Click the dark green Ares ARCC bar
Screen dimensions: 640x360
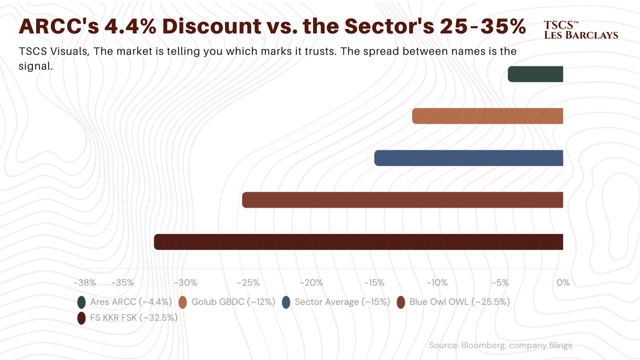[x=535, y=74]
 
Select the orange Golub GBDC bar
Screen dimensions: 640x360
[x=488, y=116]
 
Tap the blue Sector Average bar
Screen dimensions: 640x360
[x=468, y=158]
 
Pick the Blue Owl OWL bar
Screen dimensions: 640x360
[x=403, y=200]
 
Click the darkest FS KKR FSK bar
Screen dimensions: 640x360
[x=358, y=242]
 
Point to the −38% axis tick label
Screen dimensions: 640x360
[x=85, y=282]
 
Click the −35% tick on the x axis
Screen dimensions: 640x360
[x=123, y=282]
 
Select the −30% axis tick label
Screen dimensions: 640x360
[x=186, y=282]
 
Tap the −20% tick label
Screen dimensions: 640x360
[x=311, y=282]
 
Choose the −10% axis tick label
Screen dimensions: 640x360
[x=437, y=282]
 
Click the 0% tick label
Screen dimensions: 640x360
[x=563, y=282]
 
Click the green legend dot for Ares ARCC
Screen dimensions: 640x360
[x=81, y=302]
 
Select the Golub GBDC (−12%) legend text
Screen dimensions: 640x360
[x=233, y=302]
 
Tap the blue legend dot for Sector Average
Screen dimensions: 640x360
[x=286, y=302]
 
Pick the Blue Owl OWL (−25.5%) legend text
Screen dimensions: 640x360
[x=460, y=302]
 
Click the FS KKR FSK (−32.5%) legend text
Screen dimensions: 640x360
[x=134, y=318]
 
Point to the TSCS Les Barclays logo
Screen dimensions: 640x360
[x=581, y=30]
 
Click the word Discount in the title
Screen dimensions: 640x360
[x=212, y=26]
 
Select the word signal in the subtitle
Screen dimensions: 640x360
[x=36, y=66]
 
